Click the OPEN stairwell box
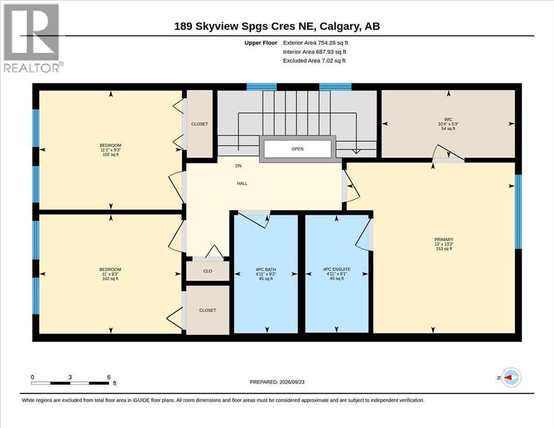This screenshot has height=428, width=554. pos(298,149)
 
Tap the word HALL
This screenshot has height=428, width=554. pos(242,183)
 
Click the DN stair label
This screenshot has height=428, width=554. pos(239,166)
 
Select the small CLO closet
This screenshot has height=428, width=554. pos(208,271)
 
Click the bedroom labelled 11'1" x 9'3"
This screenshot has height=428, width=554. pos(110,150)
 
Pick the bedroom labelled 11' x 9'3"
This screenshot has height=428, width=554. pos(110,274)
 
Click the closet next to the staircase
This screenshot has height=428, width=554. pos(200,124)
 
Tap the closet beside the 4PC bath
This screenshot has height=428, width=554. pos(208,310)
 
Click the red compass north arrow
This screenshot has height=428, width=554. pos(508,377)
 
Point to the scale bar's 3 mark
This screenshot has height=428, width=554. pos(70,377)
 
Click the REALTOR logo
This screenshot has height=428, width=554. pos(32,38)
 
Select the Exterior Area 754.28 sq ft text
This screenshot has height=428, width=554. pos(315,43)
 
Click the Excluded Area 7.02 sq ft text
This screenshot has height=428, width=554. pos(314,60)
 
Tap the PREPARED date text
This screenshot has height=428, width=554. pos(277,382)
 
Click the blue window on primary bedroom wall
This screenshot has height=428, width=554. pos(518,212)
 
